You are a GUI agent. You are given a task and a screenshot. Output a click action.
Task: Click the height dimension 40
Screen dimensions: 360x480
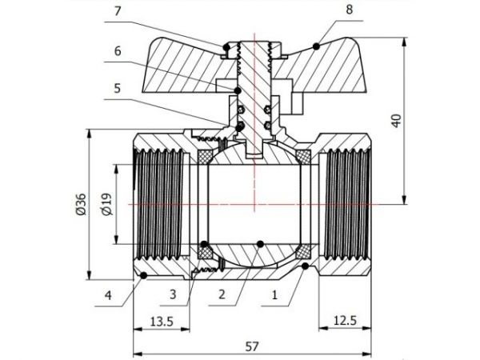point(398,120)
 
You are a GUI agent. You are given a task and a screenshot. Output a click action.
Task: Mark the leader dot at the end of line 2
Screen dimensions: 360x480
point(262,243)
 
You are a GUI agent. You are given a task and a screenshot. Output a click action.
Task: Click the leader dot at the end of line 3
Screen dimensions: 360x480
point(204,244)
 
